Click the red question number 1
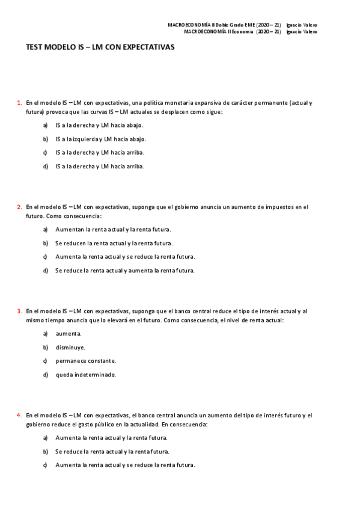click(19, 103)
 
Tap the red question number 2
click(19, 207)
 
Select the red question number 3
click(19, 311)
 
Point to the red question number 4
click(19, 415)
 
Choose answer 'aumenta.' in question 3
click(69, 333)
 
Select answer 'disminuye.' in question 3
click(70, 347)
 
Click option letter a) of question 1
click(46, 125)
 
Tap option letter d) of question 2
click(46, 271)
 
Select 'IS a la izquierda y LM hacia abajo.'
click(100, 139)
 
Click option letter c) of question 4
click(46, 465)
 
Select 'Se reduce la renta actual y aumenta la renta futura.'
click(125, 271)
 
